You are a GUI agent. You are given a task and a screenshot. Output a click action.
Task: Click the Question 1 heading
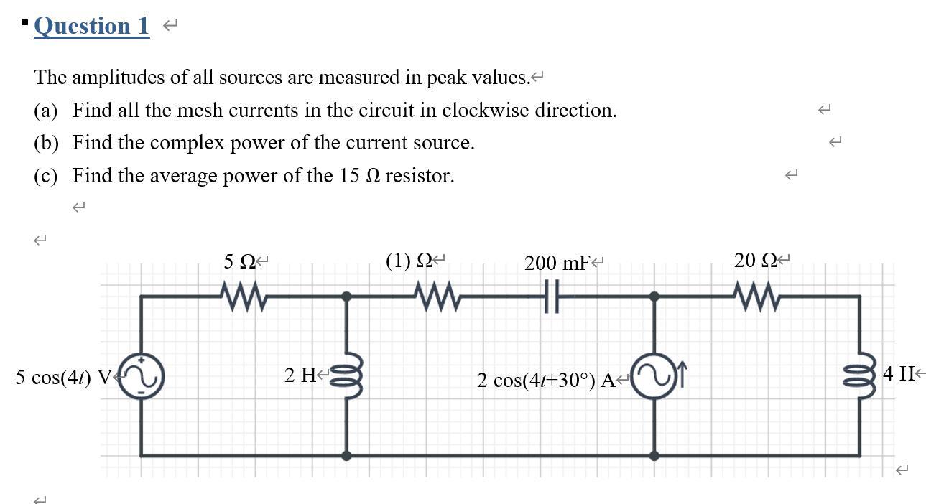point(91,26)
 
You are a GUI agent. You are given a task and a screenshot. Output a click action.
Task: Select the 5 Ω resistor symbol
point(243,296)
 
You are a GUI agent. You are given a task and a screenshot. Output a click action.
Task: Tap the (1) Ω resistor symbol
point(435,296)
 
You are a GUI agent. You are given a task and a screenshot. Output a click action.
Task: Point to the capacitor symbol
point(551,296)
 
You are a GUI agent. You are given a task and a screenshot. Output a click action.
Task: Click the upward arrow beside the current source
point(682,373)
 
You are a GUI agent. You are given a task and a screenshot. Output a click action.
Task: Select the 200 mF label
point(557,263)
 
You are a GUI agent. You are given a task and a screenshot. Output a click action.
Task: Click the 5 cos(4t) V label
point(64,377)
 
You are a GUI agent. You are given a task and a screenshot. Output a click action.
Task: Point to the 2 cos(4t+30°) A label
point(546,380)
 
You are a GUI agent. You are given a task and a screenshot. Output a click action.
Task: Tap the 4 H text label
point(899,373)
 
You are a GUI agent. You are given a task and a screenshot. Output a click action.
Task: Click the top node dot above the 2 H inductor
point(346,296)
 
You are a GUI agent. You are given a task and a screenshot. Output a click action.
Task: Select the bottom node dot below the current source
point(654,455)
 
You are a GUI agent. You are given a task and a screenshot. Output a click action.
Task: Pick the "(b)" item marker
point(46,143)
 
